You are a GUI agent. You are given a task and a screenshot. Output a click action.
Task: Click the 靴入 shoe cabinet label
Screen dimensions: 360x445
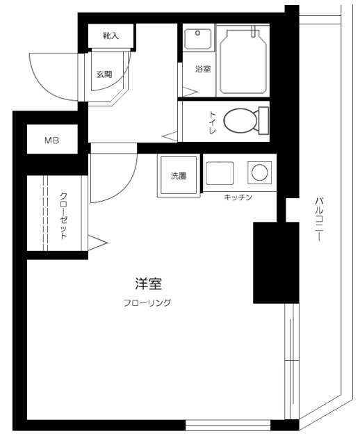(x=111, y=35)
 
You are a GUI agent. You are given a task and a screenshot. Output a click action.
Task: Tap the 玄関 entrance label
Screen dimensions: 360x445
(x=104, y=74)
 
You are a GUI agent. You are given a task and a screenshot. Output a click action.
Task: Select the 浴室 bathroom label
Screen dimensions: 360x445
(x=203, y=69)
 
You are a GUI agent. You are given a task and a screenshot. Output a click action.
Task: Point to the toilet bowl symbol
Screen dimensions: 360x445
(x=240, y=120)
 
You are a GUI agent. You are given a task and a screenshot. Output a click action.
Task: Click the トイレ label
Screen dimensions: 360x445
(x=213, y=122)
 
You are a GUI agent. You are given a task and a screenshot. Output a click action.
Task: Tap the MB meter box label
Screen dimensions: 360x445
(x=52, y=140)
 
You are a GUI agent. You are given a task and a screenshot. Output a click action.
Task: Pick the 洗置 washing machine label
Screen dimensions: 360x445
(x=179, y=176)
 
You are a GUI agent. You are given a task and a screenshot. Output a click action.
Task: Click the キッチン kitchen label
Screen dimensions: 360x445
(x=238, y=197)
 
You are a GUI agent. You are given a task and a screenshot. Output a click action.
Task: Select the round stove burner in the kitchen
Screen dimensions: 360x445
(x=259, y=172)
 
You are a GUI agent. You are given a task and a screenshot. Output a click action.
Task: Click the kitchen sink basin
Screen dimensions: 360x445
(x=220, y=173)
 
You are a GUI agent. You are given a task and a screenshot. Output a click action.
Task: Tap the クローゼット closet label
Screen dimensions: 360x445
(x=64, y=216)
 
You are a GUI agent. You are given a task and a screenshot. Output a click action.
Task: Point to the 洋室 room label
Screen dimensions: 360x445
(x=148, y=284)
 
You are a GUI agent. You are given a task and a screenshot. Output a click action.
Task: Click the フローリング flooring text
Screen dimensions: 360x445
(x=147, y=303)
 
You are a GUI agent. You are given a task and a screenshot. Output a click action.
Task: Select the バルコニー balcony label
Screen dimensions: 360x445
(x=319, y=219)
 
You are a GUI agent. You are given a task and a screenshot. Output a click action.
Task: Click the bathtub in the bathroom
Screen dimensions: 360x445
(x=243, y=62)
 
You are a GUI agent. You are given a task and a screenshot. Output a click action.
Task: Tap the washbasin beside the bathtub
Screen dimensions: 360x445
(x=198, y=39)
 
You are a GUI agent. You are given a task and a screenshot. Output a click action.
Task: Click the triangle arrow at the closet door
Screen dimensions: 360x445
(x=98, y=243)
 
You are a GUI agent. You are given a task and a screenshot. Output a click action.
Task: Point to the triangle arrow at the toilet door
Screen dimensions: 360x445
(x=170, y=136)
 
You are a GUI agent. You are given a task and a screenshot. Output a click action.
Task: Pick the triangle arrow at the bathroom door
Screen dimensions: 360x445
(x=190, y=92)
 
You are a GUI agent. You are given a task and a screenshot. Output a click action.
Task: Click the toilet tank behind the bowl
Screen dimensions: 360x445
(x=263, y=120)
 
